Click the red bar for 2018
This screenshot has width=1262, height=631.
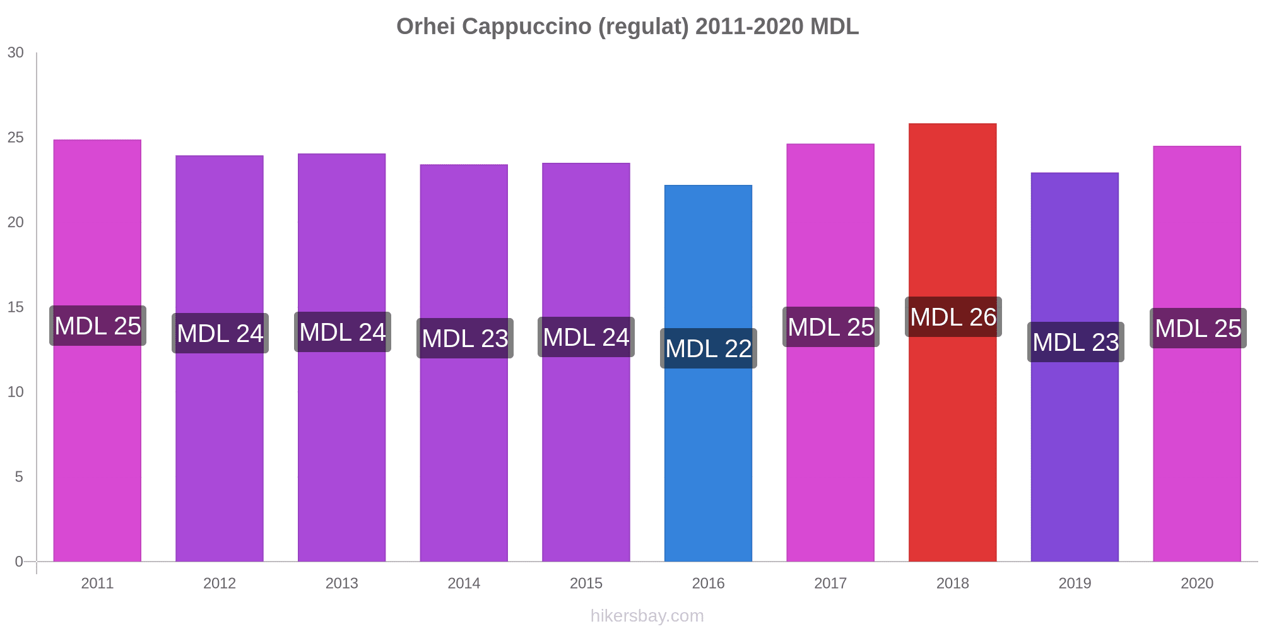(952, 442)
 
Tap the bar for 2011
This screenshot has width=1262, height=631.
(97, 442)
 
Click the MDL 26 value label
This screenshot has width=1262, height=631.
(953, 317)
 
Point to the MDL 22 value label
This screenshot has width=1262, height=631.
(708, 348)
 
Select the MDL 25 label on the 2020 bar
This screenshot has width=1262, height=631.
(1198, 328)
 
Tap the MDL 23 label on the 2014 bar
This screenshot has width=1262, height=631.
(464, 338)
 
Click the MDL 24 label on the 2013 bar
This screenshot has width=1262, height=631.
(342, 332)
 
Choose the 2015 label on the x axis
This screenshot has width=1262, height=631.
(586, 583)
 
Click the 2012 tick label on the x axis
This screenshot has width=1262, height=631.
(220, 583)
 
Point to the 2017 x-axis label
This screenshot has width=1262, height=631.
(830, 583)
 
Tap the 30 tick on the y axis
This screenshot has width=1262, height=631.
(16, 53)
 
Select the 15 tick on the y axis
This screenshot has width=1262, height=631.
(16, 307)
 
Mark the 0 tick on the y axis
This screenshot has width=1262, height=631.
(19, 562)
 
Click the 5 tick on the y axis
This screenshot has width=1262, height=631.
(19, 477)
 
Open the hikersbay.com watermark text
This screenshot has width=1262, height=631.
(647, 616)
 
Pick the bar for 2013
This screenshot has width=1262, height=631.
(342, 442)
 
